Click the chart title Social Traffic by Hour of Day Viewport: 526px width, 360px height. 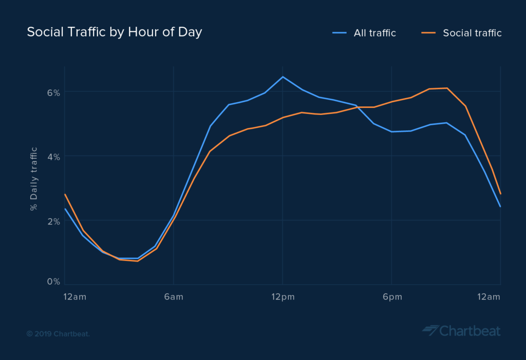click(x=114, y=32)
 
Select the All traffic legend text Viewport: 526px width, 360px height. click(x=374, y=33)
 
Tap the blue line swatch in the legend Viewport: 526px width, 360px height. click(x=340, y=33)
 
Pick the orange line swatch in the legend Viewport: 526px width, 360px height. click(x=429, y=33)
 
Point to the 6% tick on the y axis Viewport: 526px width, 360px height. click(x=54, y=92)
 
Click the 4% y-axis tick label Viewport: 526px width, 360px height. click(x=54, y=157)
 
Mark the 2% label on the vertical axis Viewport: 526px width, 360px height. click(x=54, y=221)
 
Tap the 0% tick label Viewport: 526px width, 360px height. click(x=54, y=282)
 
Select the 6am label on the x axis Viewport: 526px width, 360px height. click(x=174, y=297)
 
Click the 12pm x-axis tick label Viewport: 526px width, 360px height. click(x=283, y=297)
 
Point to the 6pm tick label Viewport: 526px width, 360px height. click(x=391, y=297)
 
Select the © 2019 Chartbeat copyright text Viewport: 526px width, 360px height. click(x=58, y=334)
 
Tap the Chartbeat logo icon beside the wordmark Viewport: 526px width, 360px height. click(x=430, y=330)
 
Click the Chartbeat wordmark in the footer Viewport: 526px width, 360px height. click(x=469, y=330)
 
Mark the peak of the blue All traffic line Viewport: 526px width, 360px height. click(x=283, y=77)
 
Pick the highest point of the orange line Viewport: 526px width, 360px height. click(x=447, y=88)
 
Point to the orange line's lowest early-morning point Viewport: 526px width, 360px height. click(x=138, y=261)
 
